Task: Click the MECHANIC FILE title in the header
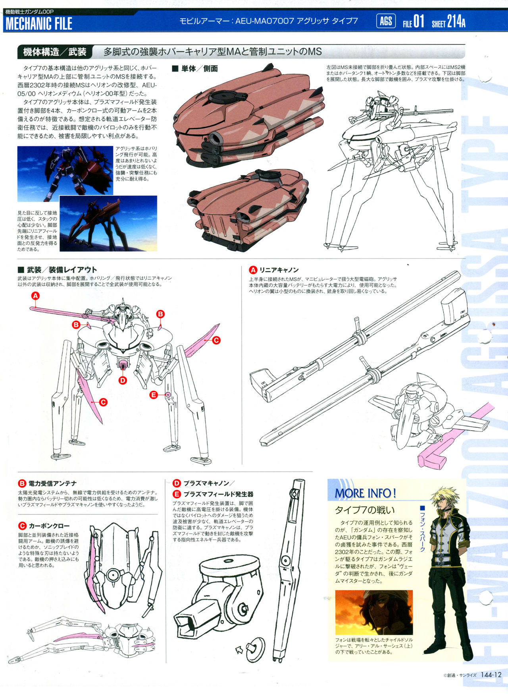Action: (x=38, y=23)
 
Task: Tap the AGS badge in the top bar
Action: (x=386, y=21)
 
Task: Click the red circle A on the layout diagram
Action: (x=35, y=296)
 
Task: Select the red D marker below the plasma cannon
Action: (x=123, y=380)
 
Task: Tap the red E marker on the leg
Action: (x=154, y=394)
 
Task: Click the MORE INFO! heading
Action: (x=365, y=493)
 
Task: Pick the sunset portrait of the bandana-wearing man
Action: (x=374, y=612)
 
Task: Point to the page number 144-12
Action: (x=491, y=675)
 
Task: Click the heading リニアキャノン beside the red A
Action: (x=279, y=270)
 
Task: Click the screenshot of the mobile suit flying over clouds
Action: (x=65, y=174)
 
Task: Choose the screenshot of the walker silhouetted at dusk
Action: (x=108, y=223)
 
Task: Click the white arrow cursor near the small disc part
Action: (x=240, y=650)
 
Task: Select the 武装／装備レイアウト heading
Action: (x=62, y=270)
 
